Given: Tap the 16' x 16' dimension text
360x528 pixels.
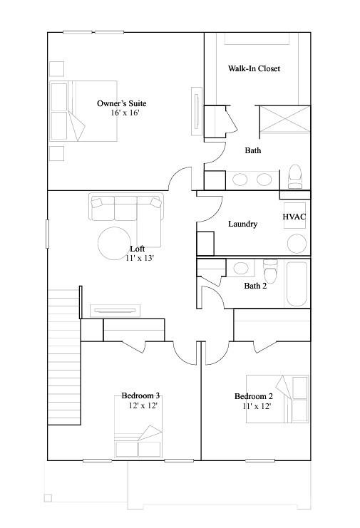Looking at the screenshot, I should coord(124,113).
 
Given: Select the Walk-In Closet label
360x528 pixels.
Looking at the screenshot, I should coord(254,69).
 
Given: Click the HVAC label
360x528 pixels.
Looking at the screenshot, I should coord(294,217).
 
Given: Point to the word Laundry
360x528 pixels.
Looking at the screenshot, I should coord(242,224).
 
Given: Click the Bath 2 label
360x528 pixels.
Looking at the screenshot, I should coord(255,286).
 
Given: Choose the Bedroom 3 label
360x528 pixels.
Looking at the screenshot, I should coord(140,395).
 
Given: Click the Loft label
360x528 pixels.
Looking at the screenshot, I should coord(138,249).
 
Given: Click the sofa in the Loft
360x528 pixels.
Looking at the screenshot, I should coord(125,207).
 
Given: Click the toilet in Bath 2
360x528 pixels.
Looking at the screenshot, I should coord(269,272).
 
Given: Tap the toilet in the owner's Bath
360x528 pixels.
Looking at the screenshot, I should coord(295,175).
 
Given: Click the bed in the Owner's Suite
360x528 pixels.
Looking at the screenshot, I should coord(67,110).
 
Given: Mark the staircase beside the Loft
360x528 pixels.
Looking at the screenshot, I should coord(64,356).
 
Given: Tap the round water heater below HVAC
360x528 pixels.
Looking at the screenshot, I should coord(297,244).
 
